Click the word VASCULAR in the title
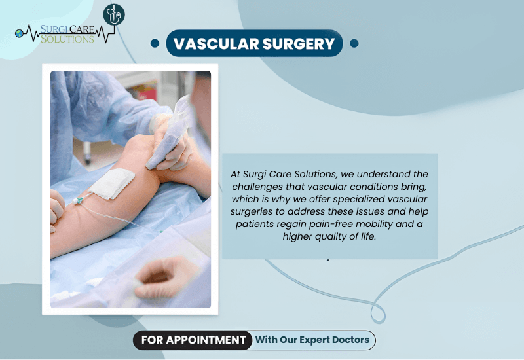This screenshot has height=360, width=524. [x=216, y=44]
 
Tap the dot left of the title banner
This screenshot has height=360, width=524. [x=155, y=43]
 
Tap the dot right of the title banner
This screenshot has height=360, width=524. [x=354, y=43]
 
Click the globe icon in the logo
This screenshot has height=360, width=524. [x=19, y=33]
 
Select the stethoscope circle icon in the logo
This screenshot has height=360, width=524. [x=114, y=14]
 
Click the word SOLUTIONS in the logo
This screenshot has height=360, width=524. [x=67, y=39]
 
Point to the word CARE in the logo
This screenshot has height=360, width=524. [x=81, y=29]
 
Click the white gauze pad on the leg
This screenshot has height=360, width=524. [x=112, y=183]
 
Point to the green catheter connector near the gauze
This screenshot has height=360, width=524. [x=78, y=201]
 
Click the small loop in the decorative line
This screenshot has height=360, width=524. [x=378, y=314]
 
